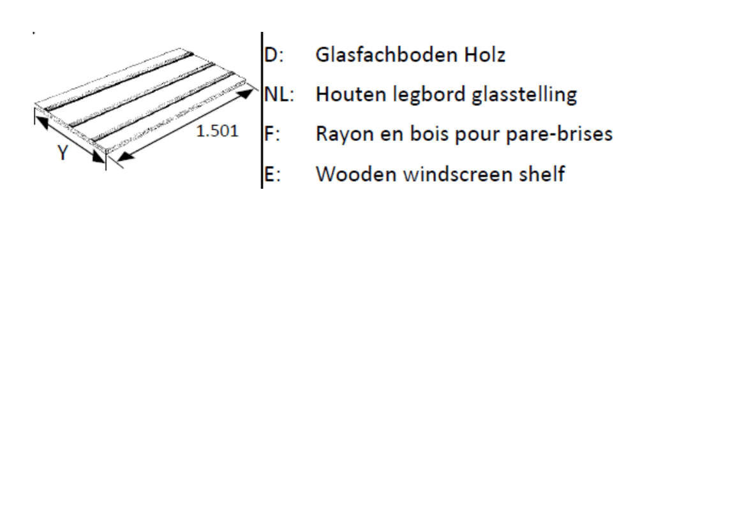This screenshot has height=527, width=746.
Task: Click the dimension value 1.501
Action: click(x=218, y=131)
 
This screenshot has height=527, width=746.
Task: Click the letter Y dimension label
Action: click(x=63, y=152)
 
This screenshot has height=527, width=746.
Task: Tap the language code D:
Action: click(x=274, y=55)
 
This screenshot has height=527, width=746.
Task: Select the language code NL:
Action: click(x=280, y=94)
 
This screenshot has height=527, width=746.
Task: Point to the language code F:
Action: click(x=272, y=134)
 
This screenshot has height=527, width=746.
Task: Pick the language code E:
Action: click(x=272, y=174)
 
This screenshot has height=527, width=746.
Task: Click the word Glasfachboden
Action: click(x=387, y=55)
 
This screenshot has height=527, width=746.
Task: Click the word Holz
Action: click(x=485, y=55)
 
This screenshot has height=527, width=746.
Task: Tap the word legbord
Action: click(x=429, y=95)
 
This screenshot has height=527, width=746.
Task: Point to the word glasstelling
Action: click(x=525, y=95)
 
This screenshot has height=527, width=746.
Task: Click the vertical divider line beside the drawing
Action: click(x=262, y=110)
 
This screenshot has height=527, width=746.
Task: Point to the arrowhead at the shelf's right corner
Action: click(x=246, y=93)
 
